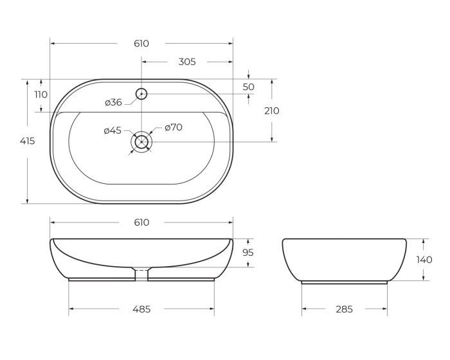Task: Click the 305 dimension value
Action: tap(186, 62)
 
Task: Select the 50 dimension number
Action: tap(249, 87)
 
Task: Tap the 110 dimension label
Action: tap(41, 94)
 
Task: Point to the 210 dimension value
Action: tap(272, 111)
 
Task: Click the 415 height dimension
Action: tap(27, 141)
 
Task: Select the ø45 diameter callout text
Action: tap(113, 130)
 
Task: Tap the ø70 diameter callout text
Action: tap(174, 127)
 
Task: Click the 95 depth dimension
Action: tap(248, 253)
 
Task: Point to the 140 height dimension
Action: tap(424, 260)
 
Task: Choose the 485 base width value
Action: tap(141, 309)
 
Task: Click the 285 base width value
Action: tap(344, 309)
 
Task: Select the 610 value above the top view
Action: tap(141, 44)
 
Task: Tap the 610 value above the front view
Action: tap(141, 222)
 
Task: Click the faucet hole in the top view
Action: tap(141, 94)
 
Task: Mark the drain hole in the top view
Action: tap(141, 141)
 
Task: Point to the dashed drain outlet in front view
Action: tap(141, 274)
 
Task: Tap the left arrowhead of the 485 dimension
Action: tap(71, 309)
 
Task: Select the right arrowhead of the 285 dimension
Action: tap(385, 309)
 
